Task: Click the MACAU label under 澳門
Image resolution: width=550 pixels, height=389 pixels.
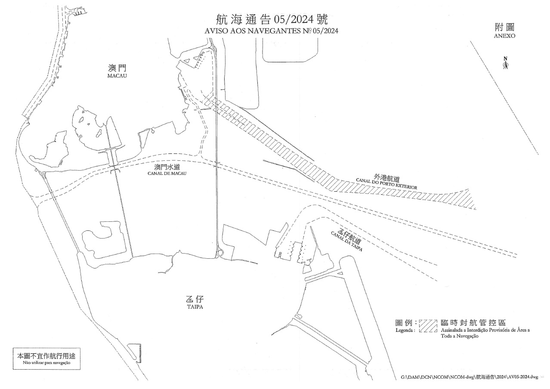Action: point(117,76)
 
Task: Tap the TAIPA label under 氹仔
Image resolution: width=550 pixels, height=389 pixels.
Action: point(195,307)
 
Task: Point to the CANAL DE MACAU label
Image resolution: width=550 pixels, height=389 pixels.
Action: point(167,173)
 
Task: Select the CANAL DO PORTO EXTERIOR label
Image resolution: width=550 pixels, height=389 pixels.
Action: point(386,184)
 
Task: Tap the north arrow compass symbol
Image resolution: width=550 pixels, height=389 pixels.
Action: point(505,63)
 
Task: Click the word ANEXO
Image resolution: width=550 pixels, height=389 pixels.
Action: point(504,36)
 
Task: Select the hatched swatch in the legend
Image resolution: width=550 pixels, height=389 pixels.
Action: point(428,326)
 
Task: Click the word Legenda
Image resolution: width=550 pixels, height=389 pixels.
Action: point(405,330)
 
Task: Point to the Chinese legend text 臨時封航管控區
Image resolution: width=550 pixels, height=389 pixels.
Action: point(473,322)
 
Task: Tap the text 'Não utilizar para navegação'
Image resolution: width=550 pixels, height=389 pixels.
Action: point(46,362)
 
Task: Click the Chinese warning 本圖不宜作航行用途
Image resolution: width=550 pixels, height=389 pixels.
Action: point(46,356)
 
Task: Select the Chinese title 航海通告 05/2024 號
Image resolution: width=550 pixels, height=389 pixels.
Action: point(272,19)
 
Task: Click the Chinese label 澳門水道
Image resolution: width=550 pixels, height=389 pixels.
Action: point(167,167)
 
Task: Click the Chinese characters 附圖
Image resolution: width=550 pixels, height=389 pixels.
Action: point(504,27)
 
